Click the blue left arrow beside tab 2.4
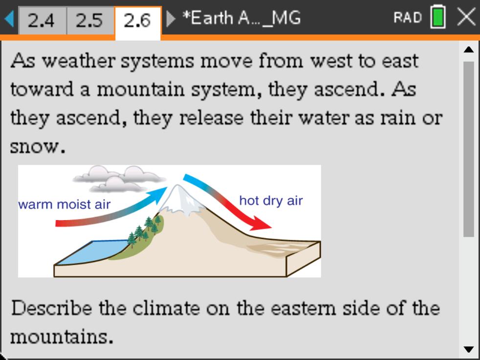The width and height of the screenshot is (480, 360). tap(9, 19)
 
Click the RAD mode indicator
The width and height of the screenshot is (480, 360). tap(408, 18)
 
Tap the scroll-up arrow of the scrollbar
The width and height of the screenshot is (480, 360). tap(469, 49)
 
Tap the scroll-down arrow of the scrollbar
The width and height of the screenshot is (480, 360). tap(469, 349)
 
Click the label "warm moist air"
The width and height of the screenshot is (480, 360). tap(65, 204)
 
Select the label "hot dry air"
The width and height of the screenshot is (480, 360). tap(271, 201)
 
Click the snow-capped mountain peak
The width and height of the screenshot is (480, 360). tap(181, 200)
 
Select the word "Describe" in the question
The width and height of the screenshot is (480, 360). tap(51, 308)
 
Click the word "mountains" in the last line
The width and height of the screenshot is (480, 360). tap(59, 337)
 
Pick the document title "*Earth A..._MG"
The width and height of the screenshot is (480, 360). tap(241, 18)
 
